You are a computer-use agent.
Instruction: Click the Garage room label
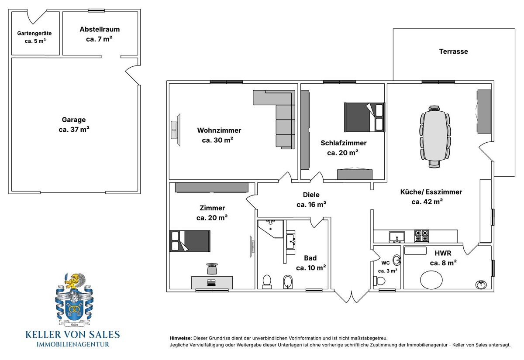[74, 120]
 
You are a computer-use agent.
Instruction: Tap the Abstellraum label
[100, 29]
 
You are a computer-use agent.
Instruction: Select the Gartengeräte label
[34, 34]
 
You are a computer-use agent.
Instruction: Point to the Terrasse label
[453, 51]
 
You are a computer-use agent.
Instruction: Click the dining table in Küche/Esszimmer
[435, 135]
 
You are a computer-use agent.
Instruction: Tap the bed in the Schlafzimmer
[365, 117]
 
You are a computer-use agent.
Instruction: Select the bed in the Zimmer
[190, 241]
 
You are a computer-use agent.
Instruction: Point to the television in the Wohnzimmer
[176, 130]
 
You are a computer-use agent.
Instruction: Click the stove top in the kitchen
[421, 236]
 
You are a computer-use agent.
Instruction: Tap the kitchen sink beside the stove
[397, 237]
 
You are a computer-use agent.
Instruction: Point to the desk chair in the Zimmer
[212, 269]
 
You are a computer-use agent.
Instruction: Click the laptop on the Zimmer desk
[211, 282]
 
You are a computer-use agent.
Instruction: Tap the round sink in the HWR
[481, 285]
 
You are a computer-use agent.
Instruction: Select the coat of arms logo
[74, 300]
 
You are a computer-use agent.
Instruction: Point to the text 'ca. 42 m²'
[427, 202]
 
